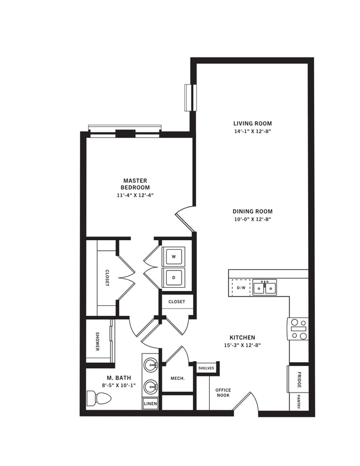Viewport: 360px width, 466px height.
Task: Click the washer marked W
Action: point(174,257)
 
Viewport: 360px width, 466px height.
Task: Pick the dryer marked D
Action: point(174,277)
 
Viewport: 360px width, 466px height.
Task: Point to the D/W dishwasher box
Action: point(241,288)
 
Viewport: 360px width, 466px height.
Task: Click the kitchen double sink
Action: point(265,288)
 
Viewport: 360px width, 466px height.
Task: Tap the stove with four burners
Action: point(299,329)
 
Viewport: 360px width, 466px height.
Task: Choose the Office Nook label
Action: point(223,393)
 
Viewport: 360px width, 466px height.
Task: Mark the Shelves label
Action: point(207,368)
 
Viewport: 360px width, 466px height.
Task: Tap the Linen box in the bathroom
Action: point(150,404)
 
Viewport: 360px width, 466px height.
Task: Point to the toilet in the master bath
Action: point(98,398)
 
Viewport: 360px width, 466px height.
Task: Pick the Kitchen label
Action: point(242,337)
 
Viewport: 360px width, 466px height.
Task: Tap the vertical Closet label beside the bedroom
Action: point(107,278)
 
